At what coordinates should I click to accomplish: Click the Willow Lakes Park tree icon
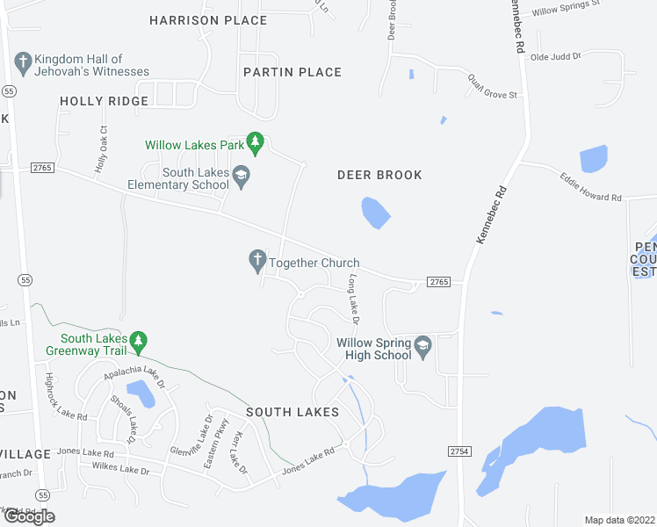pyautogui.click(x=255, y=141)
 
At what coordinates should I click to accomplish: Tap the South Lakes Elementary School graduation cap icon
pyautogui.click(x=241, y=178)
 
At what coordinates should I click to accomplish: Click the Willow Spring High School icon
pyautogui.click(x=422, y=345)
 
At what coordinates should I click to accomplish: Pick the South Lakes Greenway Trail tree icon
pyautogui.click(x=137, y=340)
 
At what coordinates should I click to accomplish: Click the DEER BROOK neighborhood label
pyautogui.click(x=379, y=176)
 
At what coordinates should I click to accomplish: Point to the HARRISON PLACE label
pyautogui.click(x=208, y=20)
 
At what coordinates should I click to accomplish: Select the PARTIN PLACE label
pyautogui.click(x=292, y=72)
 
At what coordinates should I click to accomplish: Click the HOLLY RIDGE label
pyautogui.click(x=105, y=102)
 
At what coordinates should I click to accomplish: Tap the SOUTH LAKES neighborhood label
pyautogui.click(x=292, y=412)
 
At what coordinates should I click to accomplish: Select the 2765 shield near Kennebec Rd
pyautogui.click(x=439, y=282)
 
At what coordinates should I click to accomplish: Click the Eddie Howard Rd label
pyautogui.click(x=591, y=186)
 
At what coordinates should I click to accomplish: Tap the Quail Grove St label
pyautogui.click(x=494, y=85)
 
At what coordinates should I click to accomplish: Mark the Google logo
pyautogui.click(x=30, y=517)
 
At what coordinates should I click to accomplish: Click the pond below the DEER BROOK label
pyautogui.click(x=376, y=213)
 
